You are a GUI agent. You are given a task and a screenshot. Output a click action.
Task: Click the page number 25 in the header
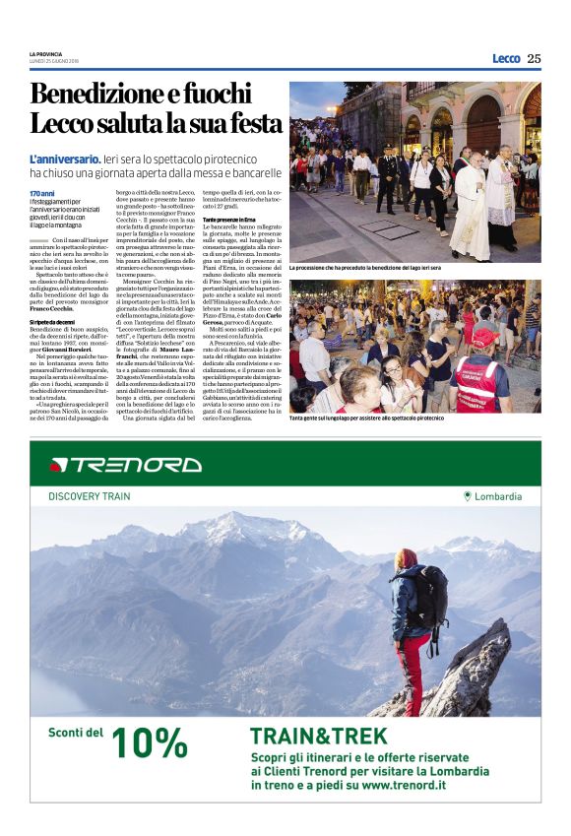pyautogui.click(x=533, y=58)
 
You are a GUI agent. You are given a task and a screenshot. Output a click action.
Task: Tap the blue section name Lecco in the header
pyautogui.click(x=506, y=58)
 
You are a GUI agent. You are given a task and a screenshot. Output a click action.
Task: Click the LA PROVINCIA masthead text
pyautogui.click(x=47, y=53)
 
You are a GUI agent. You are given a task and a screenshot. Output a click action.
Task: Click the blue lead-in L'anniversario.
pyautogui.click(x=65, y=159)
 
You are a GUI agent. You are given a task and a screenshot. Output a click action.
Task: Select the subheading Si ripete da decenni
pyautogui.click(x=58, y=321)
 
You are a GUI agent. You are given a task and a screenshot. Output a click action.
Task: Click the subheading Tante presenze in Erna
pyautogui.click(x=229, y=218)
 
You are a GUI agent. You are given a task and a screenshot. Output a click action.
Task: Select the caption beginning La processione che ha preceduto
pyautogui.click(x=364, y=267)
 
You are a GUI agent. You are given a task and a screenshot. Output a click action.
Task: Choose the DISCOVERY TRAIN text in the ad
pyautogui.click(x=89, y=496)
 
